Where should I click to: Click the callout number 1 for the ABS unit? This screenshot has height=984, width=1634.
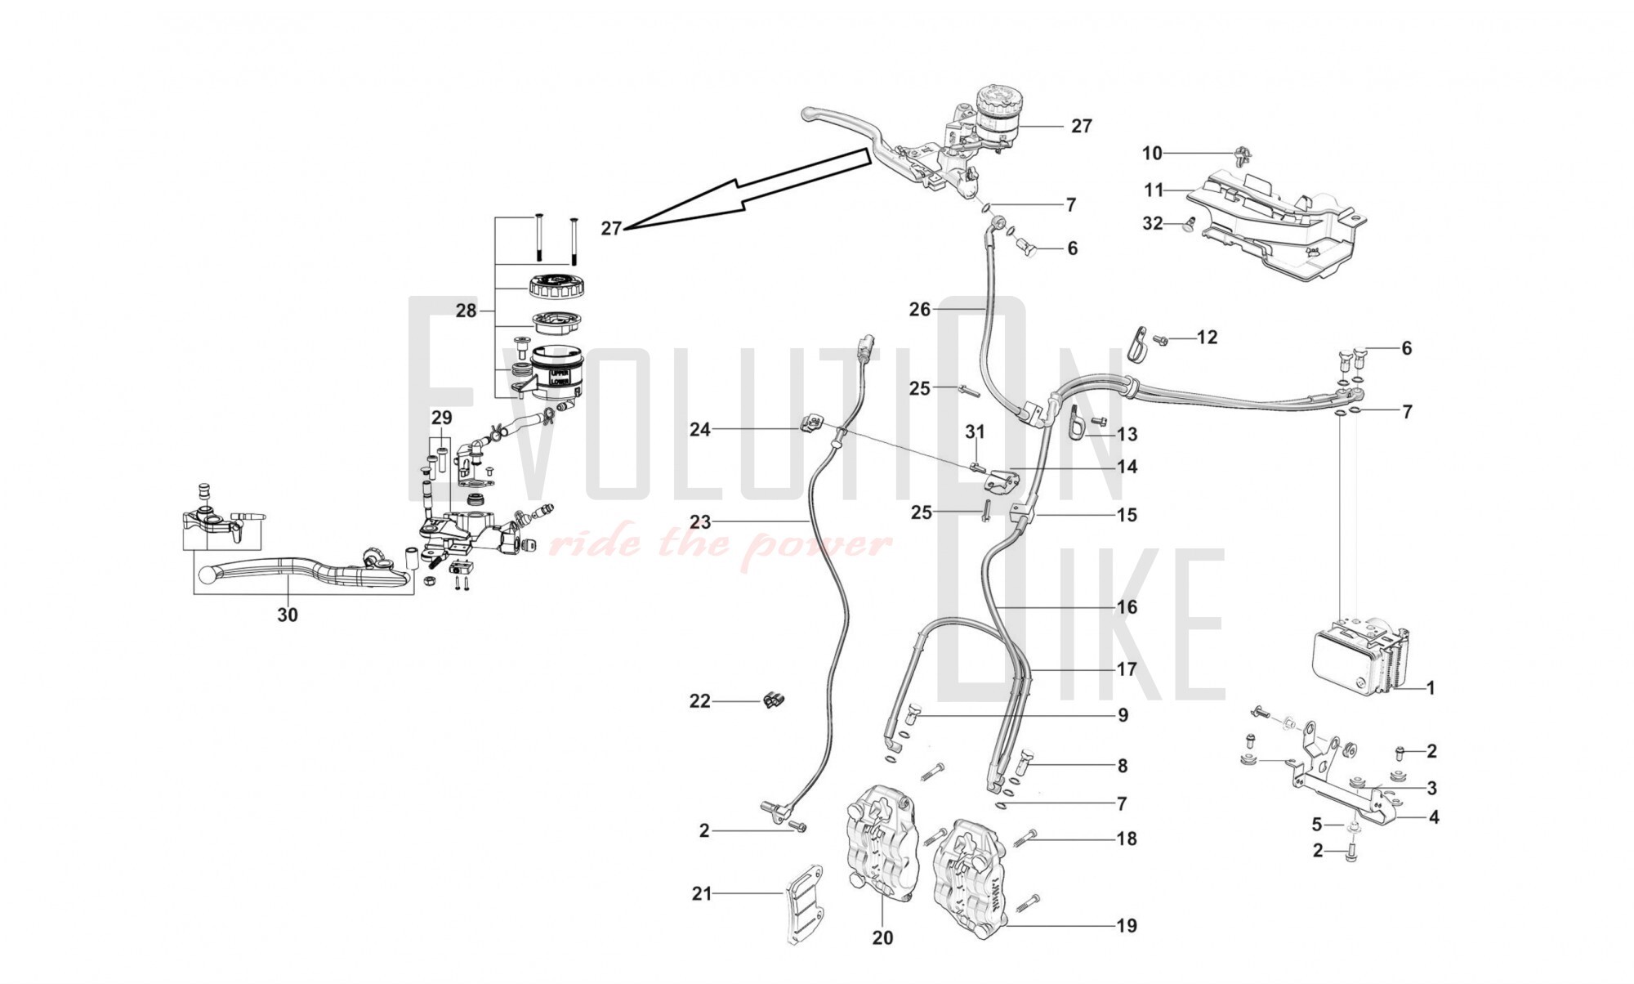1430,688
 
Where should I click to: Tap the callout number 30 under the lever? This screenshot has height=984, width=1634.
288,615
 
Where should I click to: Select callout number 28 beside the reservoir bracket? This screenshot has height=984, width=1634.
466,311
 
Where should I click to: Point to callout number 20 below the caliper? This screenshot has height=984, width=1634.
882,937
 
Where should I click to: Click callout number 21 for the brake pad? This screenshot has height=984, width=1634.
702,894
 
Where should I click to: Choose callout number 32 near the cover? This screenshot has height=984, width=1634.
1152,223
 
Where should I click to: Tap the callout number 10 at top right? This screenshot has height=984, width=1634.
1152,153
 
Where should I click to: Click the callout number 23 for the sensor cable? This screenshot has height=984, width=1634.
700,521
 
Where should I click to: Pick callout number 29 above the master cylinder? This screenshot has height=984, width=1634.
441,418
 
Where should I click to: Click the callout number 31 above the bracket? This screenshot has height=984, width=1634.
975,432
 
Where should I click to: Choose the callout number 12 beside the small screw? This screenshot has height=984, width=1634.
1207,337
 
